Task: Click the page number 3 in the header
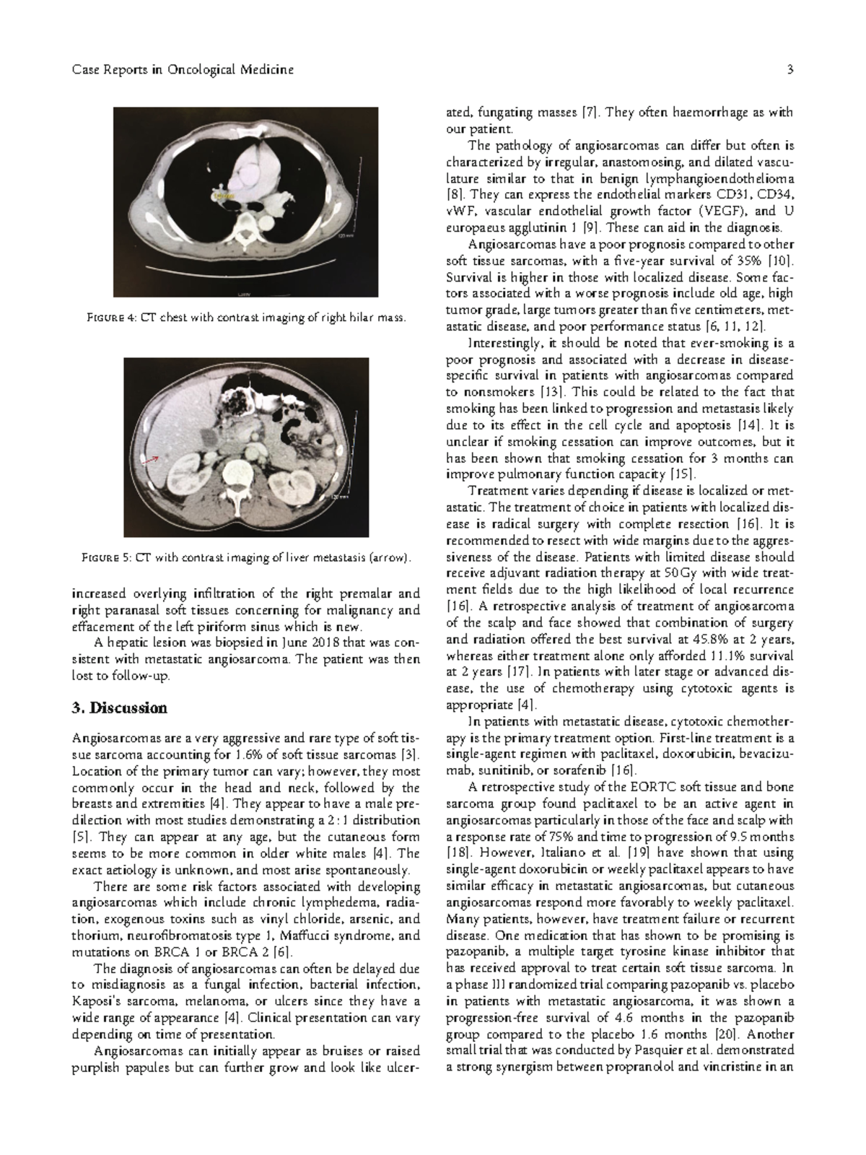[791, 70]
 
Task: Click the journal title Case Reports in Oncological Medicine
[183, 70]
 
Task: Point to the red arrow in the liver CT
[151, 458]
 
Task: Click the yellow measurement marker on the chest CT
[223, 195]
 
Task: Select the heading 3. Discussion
[119, 707]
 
